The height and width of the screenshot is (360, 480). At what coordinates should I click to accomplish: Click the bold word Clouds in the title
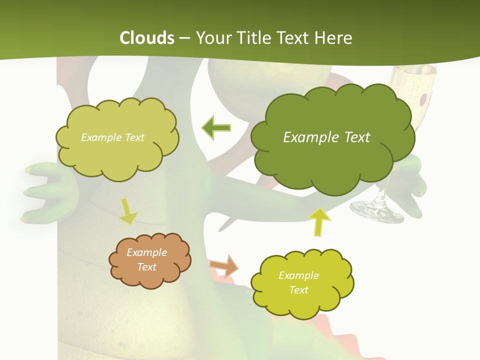coord(147,38)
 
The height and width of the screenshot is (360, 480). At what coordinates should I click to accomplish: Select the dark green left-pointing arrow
coord(216,128)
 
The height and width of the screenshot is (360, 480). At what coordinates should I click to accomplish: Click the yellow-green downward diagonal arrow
coord(128,211)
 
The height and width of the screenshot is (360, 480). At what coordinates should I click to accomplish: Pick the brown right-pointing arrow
coord(224,265)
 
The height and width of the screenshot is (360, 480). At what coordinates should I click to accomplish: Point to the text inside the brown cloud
coord(146,260)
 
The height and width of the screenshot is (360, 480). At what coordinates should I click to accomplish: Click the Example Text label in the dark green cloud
coord(326,137)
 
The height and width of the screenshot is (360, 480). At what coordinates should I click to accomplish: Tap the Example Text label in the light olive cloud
coord(112,137)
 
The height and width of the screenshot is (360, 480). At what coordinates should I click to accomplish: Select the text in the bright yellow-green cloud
coord(298,282)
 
